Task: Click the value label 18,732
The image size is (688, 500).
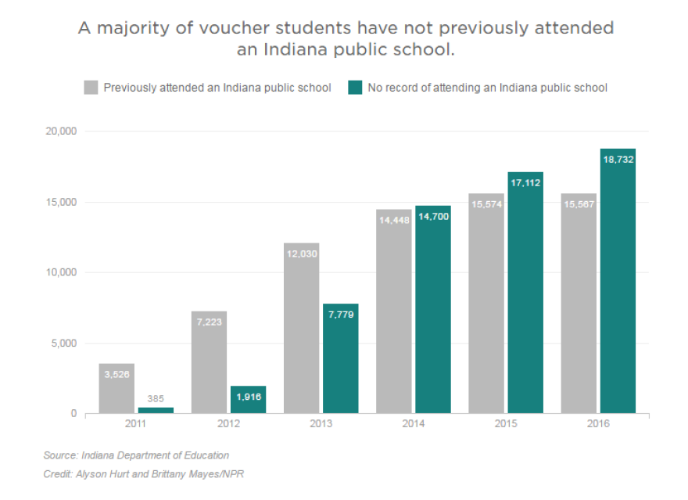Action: [x=618, y=159]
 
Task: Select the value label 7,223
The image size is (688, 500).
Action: [x=209, y=322]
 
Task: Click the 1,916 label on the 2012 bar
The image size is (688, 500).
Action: [x=248, y=397]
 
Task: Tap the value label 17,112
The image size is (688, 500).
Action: [x=525, y=182]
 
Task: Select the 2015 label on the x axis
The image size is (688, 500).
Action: [x=506, y=423]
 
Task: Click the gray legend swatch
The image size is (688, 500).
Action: [x=91, y=87]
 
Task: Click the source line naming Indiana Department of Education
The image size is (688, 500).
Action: [x=136, y=455]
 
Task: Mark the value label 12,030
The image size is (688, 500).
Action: [x=301, y=254]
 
